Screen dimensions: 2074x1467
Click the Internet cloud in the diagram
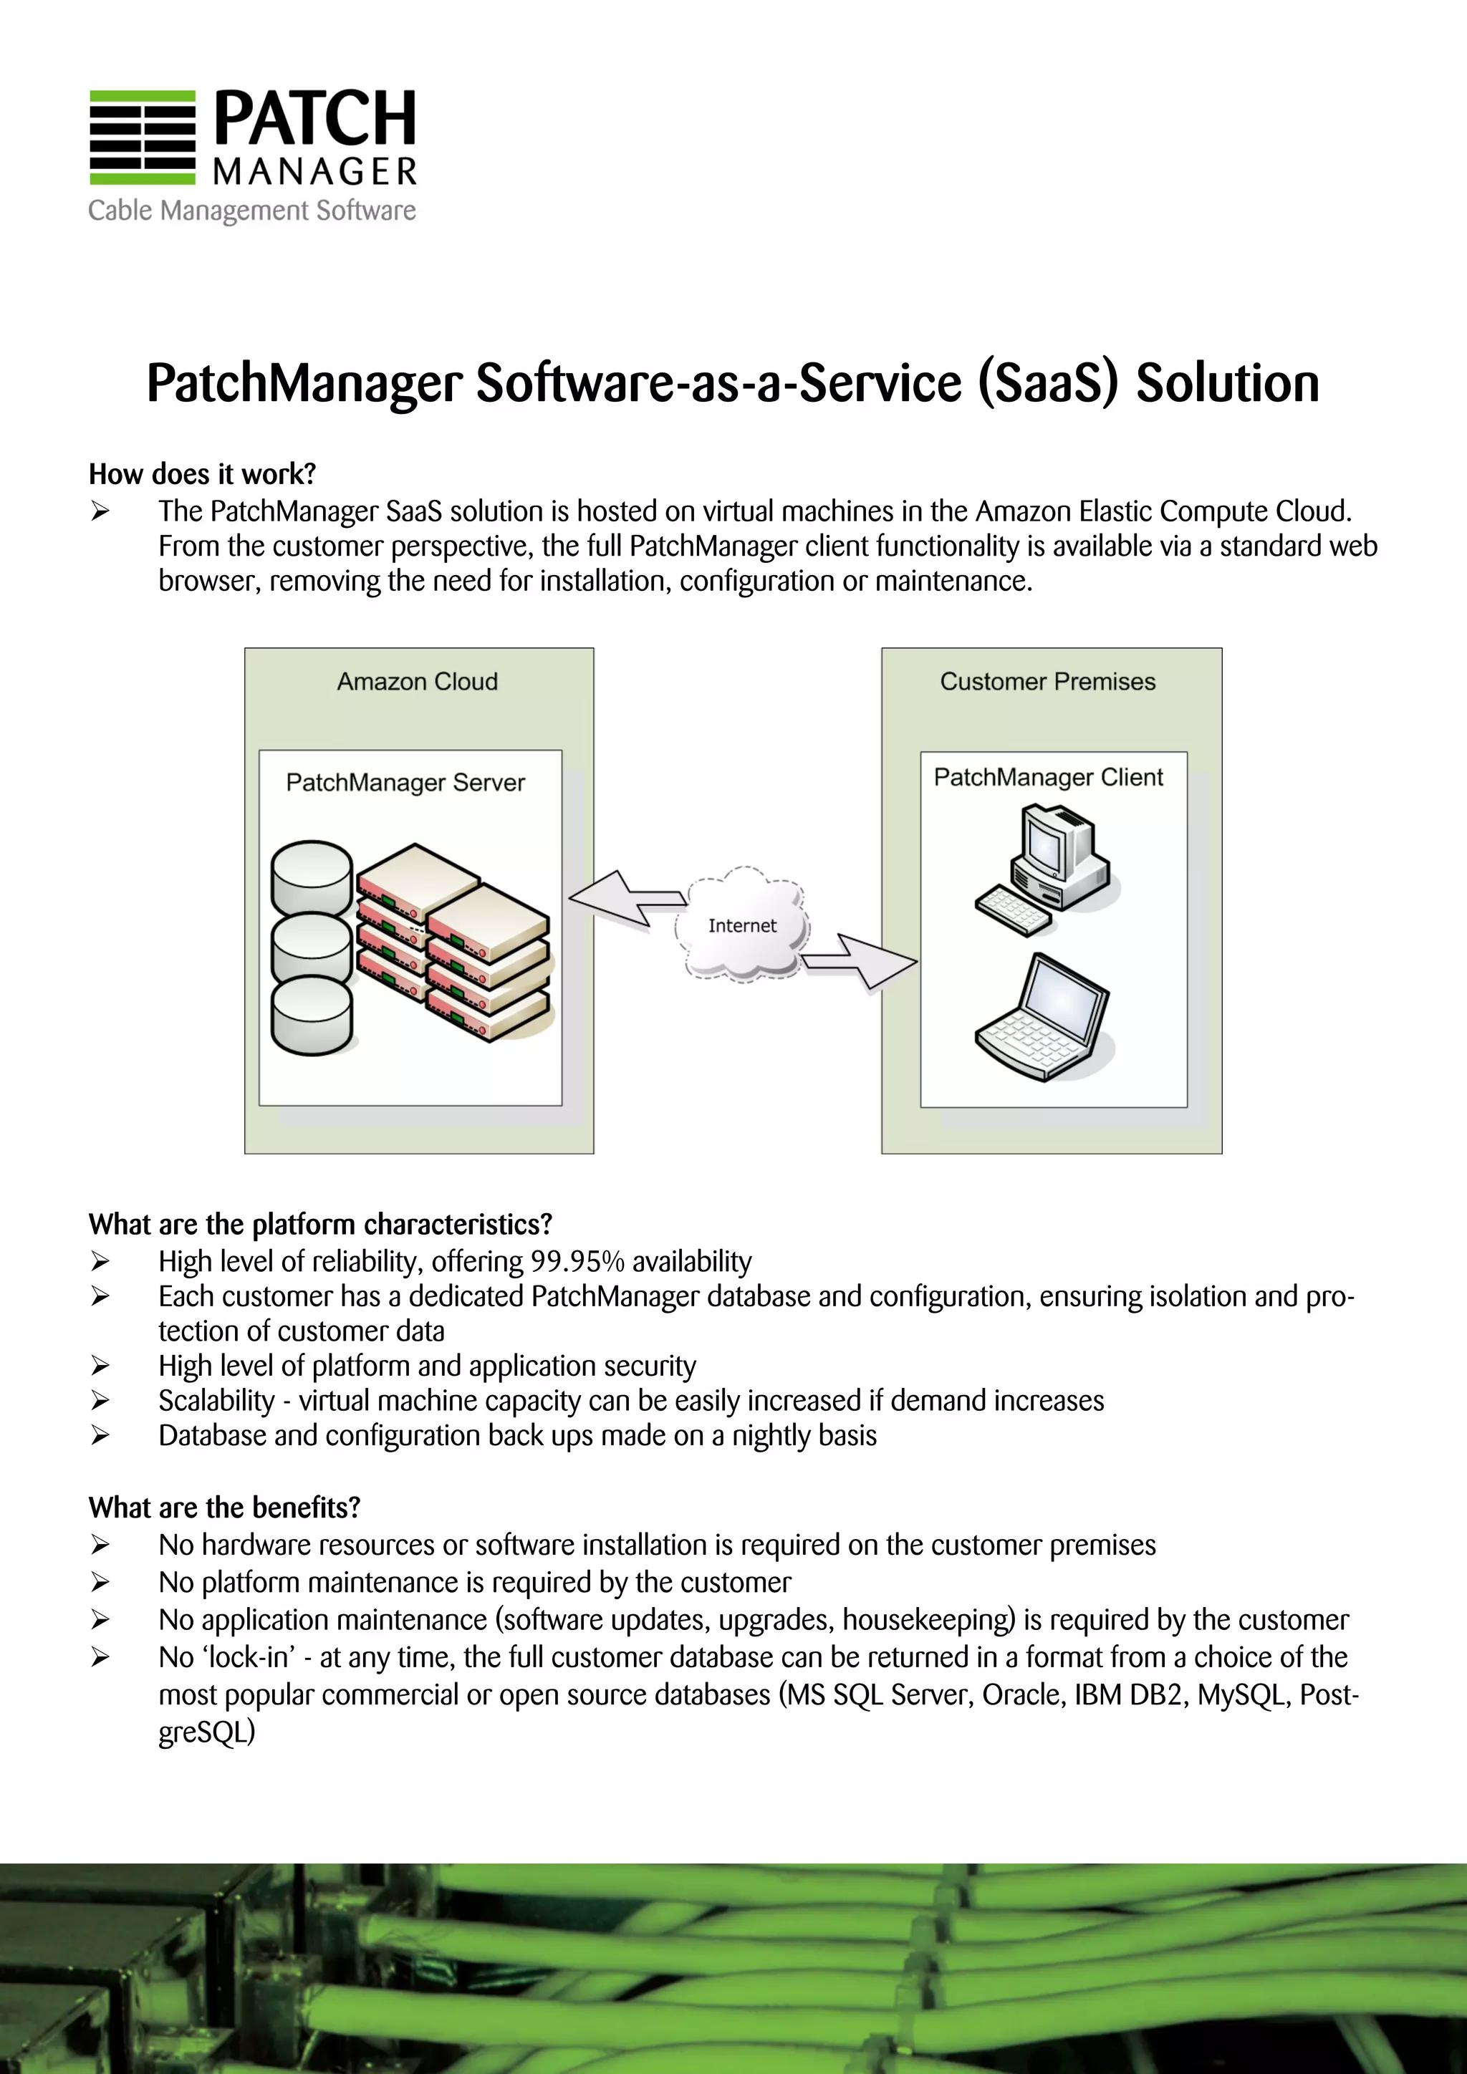coord(741,925)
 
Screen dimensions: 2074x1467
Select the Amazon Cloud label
coord(418,681)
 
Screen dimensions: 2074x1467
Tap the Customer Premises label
coord(1047,681)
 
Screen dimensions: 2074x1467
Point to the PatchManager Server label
coord(405,782)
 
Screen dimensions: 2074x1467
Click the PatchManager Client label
coord(1048,777)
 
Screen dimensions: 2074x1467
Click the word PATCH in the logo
coord(314,118)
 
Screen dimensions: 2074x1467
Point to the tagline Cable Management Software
coord(252,211)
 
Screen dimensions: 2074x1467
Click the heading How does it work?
coord(202,473)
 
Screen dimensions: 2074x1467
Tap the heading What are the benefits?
coord(224,1508)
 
